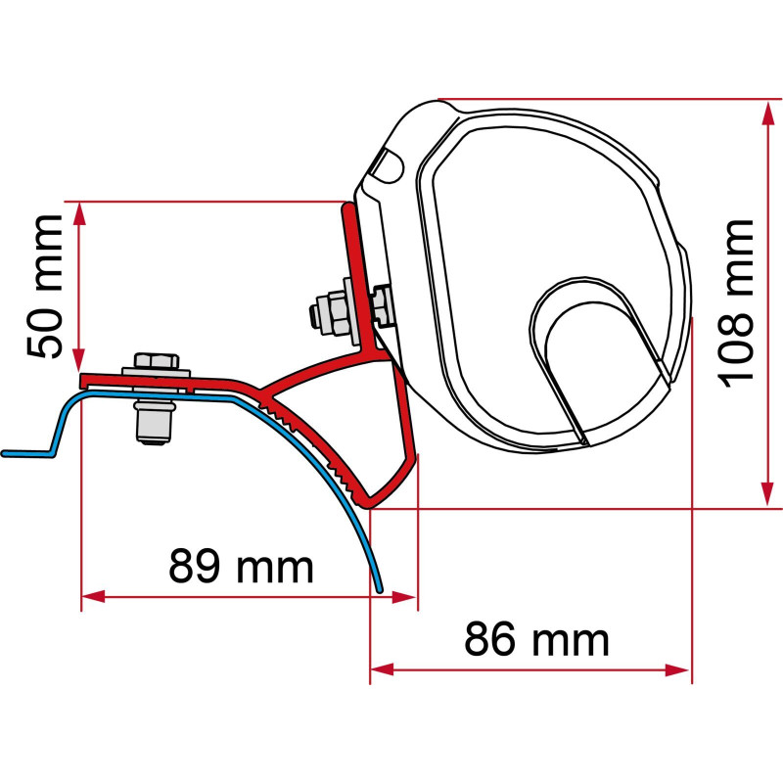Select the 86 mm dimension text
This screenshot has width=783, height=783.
pyautogui.click(x=536, y=640)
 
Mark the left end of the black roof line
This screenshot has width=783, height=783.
pyautogui.click(x=5, y=454)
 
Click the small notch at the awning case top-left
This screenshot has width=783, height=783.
pyautogui.click(x=389, y=164)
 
